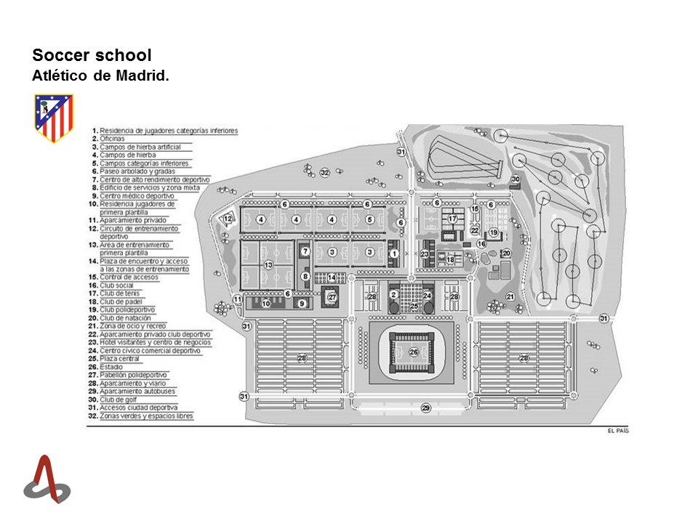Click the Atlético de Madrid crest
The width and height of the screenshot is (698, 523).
pyautogui.click(x=54, y=118)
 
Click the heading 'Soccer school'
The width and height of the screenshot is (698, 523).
pyautogui.click(x=92, y=56)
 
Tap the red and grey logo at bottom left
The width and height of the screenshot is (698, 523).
pyautogui.click(x=47, y=479)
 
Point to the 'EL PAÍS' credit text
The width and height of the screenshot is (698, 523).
pyautogui.click(x=617, y=431)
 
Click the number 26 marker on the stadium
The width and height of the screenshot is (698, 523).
pyautogui.click(x=414, y=352)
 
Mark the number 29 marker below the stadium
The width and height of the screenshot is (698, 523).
pyautogui.click(x=426, y=408)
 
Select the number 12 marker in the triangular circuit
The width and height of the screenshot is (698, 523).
pyautogui.click(x=228, y=219)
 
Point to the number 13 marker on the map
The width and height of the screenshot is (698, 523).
pyautogui.click(x=268, y=265)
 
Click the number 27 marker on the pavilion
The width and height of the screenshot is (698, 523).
pyautogui.click(x=332, y=297)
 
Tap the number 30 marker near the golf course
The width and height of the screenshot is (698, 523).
pyautogui.click(x=516, y=179)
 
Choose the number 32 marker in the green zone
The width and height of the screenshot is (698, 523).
pyautogui.click(x=325, y=172)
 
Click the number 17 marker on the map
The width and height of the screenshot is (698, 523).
pyautogui.click(x=452, y=219)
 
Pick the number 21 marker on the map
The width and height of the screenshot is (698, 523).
pyautogui.click(x=510, y=296)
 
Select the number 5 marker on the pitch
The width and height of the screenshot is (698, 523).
pyautogui.click(x=370, y=219)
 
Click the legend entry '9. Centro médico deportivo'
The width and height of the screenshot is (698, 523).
pyautogui.click(x=137, y=196)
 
